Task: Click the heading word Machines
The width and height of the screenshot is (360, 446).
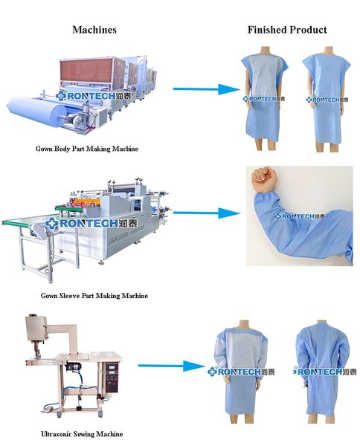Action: tap(94, 30)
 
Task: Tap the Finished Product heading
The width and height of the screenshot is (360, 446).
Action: tap(287, 30)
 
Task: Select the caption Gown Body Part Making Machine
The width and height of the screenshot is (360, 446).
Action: tap(87, 149)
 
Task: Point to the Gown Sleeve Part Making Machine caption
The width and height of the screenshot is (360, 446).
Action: tap(94, 296)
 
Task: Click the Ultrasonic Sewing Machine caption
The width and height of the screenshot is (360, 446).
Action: tap(82, 434)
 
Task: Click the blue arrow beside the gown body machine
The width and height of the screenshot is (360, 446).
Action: tap(206, 89)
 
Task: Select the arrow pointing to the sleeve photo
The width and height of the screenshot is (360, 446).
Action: tap(206, 213)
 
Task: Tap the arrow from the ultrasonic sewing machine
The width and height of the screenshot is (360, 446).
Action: tap(171, 366)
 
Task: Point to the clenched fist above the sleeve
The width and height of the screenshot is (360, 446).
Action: tap(264, 178)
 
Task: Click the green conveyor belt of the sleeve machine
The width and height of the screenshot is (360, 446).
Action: tap(16, 223)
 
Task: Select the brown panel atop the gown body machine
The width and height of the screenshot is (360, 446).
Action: tap(87, 71)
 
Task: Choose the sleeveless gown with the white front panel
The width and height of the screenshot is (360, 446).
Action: tap(264, 97)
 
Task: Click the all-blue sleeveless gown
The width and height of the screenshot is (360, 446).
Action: tap(326, 98)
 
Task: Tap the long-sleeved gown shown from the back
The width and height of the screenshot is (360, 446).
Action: tap(323, 369)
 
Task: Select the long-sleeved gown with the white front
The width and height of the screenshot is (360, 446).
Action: tap(242, 369)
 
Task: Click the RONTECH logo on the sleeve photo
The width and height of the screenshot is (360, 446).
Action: tap(300, 216)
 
